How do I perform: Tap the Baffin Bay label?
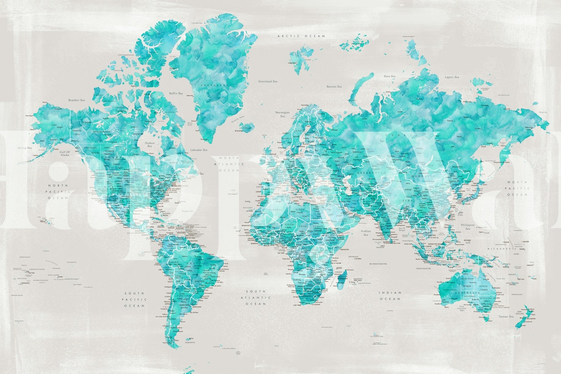pyautogui.click(x=176, y=93)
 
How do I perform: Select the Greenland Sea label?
pyautogui.click(x=267, y=82)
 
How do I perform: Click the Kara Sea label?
pyautogui.click(x=390, y=76)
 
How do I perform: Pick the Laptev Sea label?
pyautogui.click(x=452, y=77)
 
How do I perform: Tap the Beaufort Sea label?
pyautogui.click(x=76, y=100)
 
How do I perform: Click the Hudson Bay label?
pyautogui.click(x=150, y=144)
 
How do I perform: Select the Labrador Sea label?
pyautogui.click(x=199, y=150)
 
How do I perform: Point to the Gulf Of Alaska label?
pyautogui.click(x=65, y=153)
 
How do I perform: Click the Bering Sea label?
pyautogui.click(x=25, y=148)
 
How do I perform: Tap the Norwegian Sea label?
pyautogui.click(x=282, y=114)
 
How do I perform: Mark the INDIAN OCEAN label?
pyautogui.click(x=390, y=296)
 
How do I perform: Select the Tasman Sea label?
pyautogui.click(x=505, y=316)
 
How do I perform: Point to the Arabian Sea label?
pyautogui.click(x=366, y=233)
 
